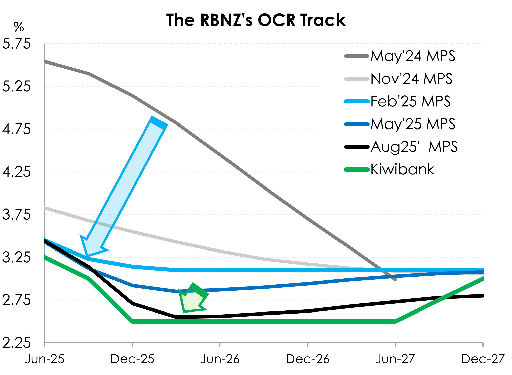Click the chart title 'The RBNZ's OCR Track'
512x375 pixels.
256,20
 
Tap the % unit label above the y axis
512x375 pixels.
19,27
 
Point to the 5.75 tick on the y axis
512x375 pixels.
17,44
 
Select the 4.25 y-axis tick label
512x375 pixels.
17,172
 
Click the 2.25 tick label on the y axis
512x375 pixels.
17,342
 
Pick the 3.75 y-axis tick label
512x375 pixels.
17,215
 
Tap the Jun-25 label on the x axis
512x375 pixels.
45,359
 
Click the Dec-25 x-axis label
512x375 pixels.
132,359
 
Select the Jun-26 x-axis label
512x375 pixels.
220,359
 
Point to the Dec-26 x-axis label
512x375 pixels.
308,359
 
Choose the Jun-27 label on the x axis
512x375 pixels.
395,359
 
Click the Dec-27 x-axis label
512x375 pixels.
483,359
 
